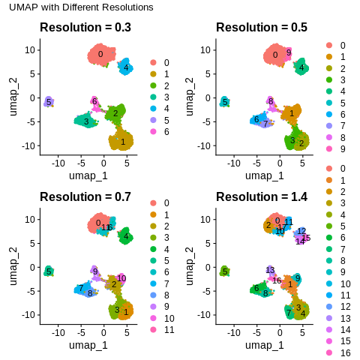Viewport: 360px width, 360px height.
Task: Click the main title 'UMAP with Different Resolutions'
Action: click(81, 7)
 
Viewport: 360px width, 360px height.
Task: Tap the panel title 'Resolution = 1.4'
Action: click(262, 197)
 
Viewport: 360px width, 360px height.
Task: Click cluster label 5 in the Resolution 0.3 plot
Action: click(48, 101)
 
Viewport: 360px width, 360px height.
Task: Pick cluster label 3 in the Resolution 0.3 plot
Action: click(86, 121)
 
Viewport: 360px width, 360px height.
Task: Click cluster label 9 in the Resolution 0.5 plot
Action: click(289, 52)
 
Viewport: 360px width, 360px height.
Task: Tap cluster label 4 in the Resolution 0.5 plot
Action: click(301, 68)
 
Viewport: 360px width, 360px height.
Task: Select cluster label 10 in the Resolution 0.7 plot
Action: click(121, 278)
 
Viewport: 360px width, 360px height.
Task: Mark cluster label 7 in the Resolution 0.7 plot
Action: click(80, 288)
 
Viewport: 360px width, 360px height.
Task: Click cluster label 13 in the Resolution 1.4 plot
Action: click(270, 270)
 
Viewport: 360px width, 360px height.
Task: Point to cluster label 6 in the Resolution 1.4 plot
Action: click(256, 288)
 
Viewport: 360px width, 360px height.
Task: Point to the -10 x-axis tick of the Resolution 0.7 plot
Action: click(58, 331)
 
